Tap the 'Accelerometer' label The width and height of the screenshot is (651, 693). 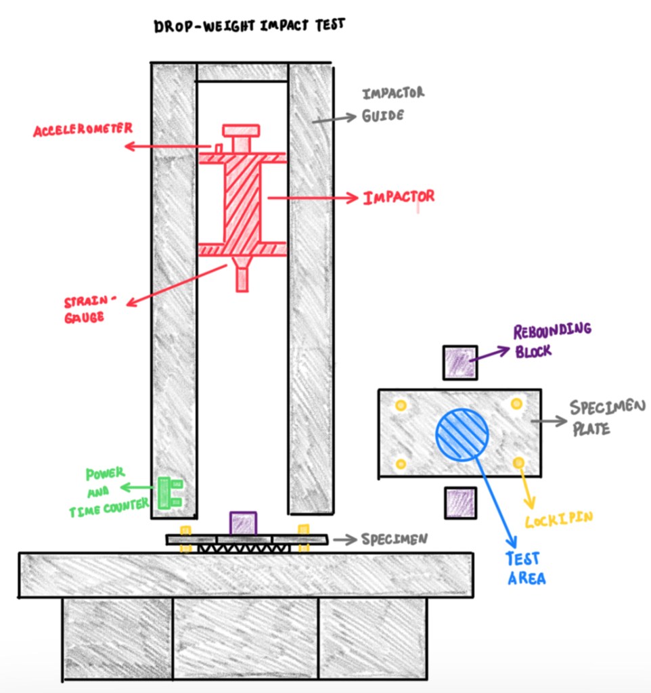click(83, 129)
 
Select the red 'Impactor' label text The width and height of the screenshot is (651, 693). click(399, 198)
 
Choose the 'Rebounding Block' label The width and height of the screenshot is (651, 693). click(552, 340)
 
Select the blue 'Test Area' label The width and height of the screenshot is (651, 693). click(524, 568)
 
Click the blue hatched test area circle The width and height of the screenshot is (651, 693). click(462, 434)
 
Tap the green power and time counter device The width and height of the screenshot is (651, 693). click(169, 493)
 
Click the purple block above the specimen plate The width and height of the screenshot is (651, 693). click(459, 362)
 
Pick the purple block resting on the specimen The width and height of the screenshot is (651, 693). click(243, 522)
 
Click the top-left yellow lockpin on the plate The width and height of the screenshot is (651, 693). click(401, 405)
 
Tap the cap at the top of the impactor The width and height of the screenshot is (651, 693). click(241, 130)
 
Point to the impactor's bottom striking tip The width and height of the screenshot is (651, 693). click(242, 280)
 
